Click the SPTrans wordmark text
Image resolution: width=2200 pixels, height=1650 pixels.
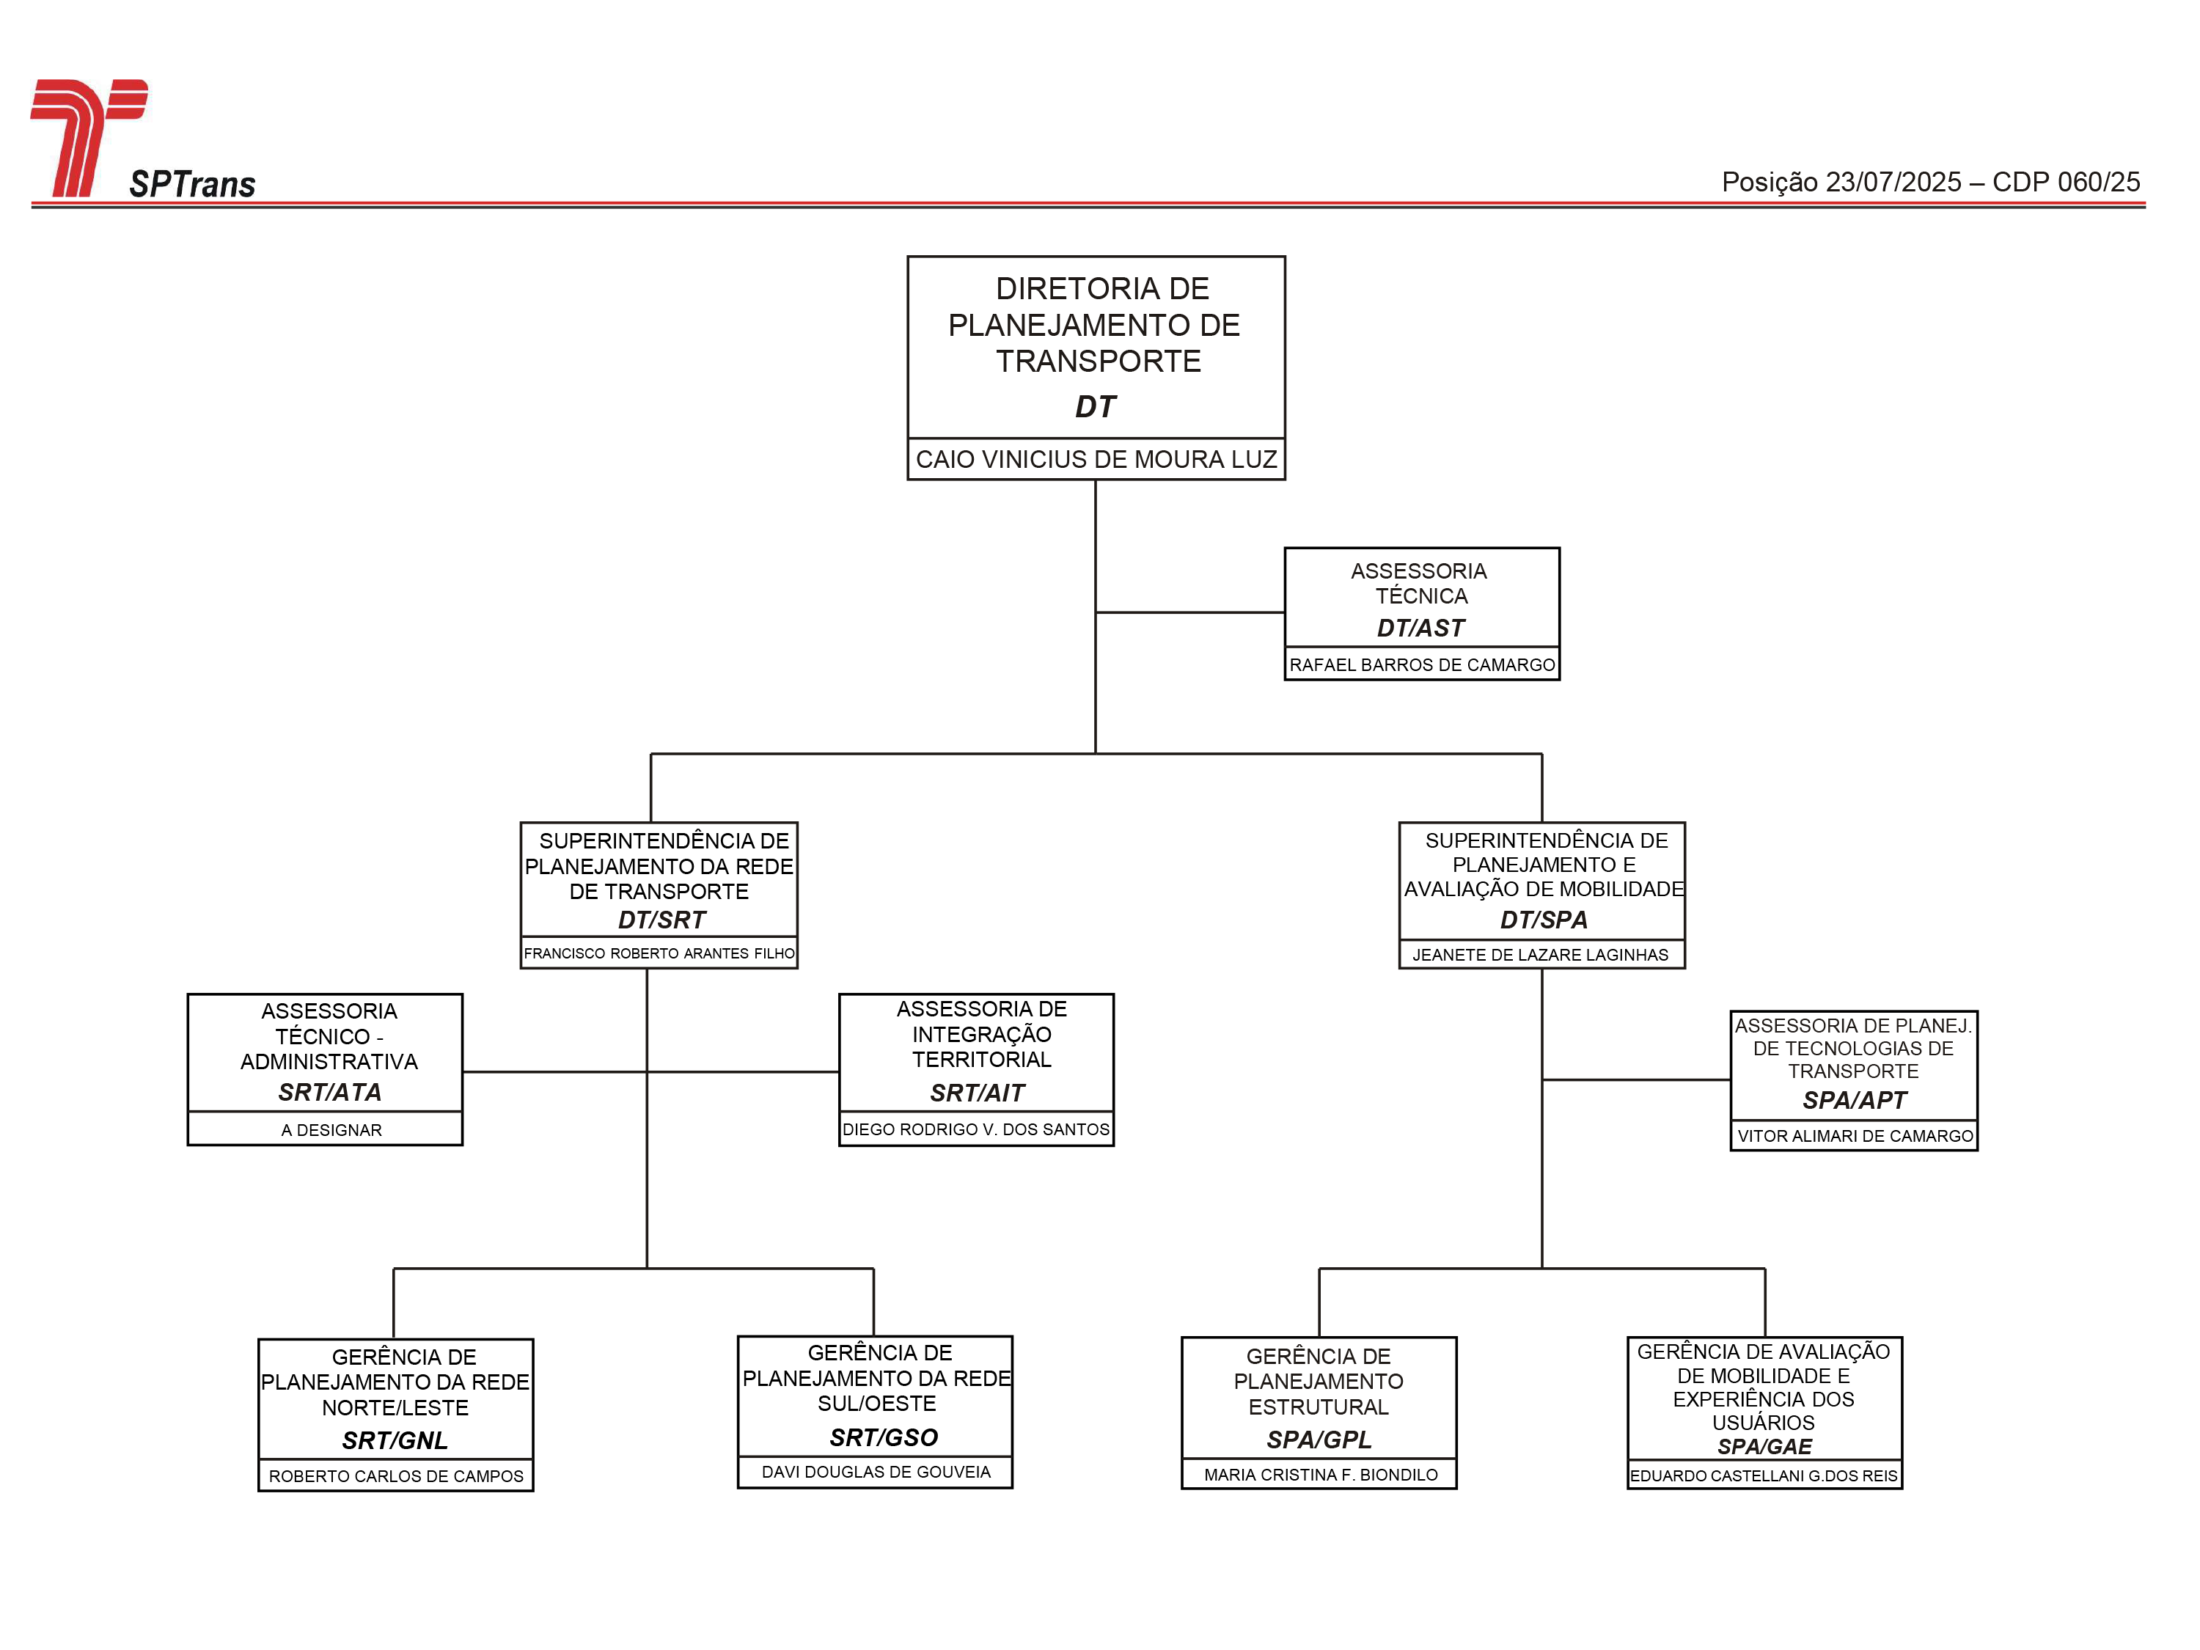click(192, 184)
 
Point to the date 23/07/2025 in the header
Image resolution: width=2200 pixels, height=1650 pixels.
click(1893, 182)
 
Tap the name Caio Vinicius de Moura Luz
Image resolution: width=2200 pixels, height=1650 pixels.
click(1096, 460)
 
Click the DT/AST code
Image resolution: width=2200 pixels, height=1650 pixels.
click(1420, 628)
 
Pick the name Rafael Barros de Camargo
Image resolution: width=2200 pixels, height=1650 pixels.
click(1421, 664)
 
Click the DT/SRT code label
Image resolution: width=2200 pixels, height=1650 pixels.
click(661, 920)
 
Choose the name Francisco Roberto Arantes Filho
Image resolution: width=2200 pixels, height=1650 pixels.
click(659, 953)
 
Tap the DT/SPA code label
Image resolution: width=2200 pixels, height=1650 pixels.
click(1544, 920)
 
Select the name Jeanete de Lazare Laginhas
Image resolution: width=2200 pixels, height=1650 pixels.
click(1541, 955)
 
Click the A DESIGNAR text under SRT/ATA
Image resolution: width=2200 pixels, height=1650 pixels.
click(331, 1130)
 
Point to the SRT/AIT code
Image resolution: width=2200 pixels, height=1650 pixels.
click(977, 1093)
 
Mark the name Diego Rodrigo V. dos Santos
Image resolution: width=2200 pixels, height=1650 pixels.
click(975, 1129)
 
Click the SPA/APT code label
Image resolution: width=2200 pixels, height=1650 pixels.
click(1854, 1100)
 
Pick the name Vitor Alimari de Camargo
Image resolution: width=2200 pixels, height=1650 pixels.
click(1855, 1136)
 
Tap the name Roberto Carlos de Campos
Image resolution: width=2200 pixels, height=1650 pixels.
click(396, 1476)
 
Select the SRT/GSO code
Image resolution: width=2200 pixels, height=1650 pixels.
click(883, 1437)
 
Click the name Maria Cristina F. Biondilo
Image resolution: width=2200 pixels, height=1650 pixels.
click(1321, 1475)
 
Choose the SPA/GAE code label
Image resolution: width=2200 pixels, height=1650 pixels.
click(1764, 1446)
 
